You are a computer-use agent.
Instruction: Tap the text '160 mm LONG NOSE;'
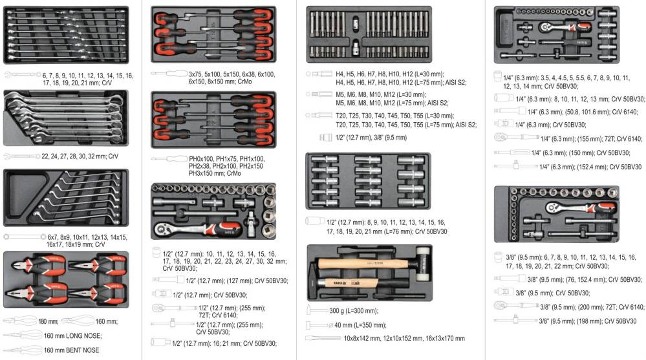coord(73,335)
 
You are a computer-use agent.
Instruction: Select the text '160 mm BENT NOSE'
coord(72,350)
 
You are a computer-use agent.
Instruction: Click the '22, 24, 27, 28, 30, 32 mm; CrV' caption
coord(80,156)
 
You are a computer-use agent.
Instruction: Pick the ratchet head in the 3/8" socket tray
coord(554,207)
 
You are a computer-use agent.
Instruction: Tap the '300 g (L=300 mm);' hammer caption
coord(354,311)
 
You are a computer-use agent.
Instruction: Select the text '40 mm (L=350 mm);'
coord(360,325)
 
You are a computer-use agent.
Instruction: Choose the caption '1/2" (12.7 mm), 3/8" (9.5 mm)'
coord(371,138)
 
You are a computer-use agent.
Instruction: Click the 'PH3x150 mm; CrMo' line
coord(215,173)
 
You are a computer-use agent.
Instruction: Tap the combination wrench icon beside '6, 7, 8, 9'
coord(22,75)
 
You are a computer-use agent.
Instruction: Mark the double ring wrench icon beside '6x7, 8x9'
coord(25,237)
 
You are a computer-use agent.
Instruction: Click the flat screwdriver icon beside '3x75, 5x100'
coord(169,74)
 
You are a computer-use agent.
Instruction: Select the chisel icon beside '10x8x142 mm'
coord(323,338)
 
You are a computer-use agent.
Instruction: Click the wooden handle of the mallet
coord(367,263)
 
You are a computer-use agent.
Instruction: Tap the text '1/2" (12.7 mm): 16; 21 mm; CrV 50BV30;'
coord(224,343)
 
